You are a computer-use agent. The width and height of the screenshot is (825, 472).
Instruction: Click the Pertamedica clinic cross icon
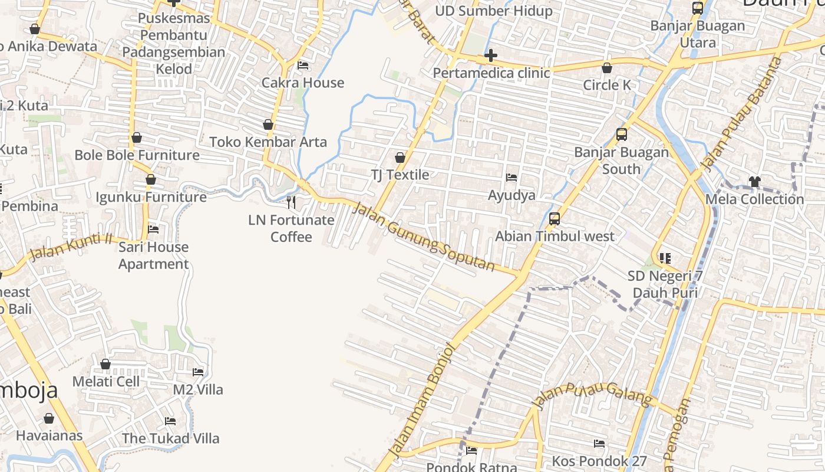click(490, 56)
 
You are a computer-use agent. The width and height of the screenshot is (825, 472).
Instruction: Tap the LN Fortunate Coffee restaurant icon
click(291, 202)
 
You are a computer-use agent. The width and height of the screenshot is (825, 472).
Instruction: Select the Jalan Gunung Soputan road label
click(424, 236)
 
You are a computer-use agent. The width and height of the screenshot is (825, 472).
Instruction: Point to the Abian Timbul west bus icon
click(554, 219)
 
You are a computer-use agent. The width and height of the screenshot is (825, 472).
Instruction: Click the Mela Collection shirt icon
click(754, 181)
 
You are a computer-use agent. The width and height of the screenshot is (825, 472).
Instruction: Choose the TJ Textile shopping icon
click(400, 158)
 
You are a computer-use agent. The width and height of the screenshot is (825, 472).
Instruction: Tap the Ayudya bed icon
click(511, 178)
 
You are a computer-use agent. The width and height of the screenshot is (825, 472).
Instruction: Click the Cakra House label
click(303, 83)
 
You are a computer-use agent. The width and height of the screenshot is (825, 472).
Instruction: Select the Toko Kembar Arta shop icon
click(268, 124)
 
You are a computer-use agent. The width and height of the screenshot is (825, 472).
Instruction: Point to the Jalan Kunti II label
click(71, 246)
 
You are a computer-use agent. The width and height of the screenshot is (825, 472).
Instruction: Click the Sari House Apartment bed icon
click(153, 229)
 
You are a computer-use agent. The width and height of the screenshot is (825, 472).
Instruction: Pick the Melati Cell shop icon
click(105, 364)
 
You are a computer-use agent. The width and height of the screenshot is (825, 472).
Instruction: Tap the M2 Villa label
click(198, 389)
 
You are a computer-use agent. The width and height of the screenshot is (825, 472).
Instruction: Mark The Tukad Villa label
click(170, 438)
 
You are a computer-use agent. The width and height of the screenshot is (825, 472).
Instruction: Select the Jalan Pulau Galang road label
click(593, 394)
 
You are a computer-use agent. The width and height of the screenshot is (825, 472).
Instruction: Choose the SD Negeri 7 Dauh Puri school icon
click(665, 258)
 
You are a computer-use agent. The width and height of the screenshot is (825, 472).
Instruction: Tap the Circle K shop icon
click(607, 68)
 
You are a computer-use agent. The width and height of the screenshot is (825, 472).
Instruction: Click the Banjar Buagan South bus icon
click(622, 134)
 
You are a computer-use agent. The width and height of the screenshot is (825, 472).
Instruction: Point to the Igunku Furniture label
click(151, 196)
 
